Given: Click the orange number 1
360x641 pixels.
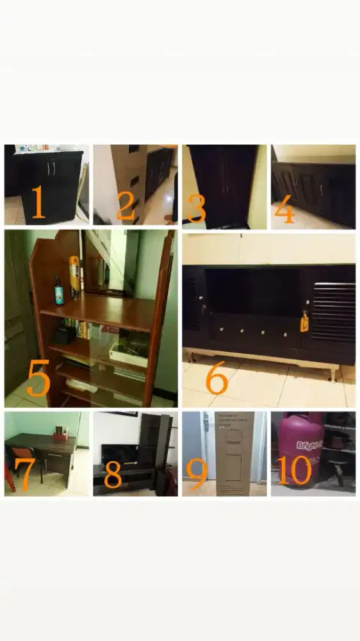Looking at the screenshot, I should [x=38, y=203].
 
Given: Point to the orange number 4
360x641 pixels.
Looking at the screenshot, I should [x=284, y=212].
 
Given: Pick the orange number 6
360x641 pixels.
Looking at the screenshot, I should [x=217, y=379].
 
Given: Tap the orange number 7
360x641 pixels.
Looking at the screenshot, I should [x=24, y=475].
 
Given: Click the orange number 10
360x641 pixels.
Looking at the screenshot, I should [x=295, y=470].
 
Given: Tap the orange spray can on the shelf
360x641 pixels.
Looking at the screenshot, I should [x=74, y=277].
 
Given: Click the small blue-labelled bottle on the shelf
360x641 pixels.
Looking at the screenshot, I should [x=59, y=291].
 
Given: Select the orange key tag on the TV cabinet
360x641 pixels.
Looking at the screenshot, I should [x=304, y=322].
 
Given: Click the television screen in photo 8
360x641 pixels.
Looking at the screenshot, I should [x=119, y=454].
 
